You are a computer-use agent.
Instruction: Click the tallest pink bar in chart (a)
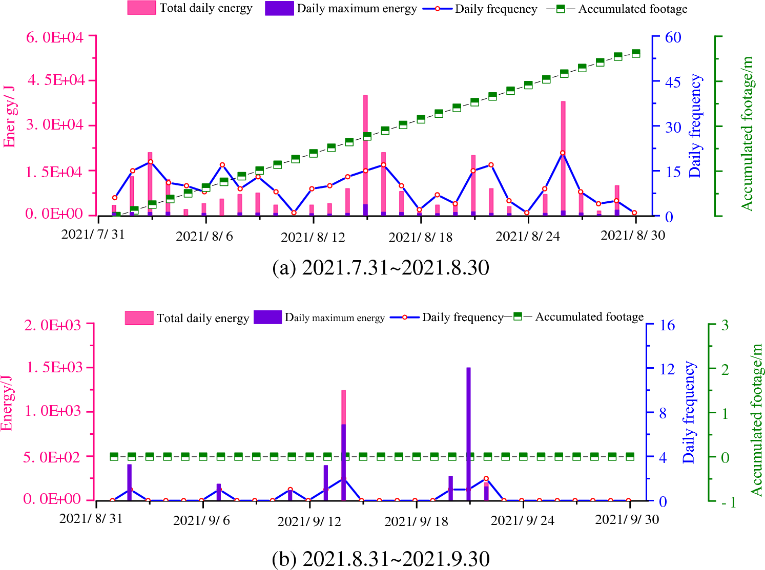coord(365,154)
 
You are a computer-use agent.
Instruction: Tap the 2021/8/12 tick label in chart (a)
coord(313,237)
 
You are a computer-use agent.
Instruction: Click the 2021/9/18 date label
coord(416,521)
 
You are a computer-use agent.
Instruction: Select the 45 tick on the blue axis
coord(673,82)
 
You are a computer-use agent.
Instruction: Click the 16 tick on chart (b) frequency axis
coord(667,325)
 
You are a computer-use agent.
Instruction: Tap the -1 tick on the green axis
coord(728,502)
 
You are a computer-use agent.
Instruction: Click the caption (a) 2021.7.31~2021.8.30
coord(381,268)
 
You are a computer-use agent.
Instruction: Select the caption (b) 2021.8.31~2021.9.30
coord(381,559)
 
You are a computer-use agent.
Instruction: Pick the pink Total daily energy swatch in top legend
coord(141,8)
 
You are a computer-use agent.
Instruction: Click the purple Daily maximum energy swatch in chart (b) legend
coord(267,318)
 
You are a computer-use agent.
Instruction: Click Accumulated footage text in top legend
coord(633,9)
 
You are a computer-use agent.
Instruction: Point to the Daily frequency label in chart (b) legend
coord(462,318)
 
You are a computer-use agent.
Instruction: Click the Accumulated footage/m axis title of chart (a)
coord(747,133)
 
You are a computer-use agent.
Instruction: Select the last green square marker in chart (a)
coord(636,53)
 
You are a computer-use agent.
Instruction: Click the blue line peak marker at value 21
coord(563,153)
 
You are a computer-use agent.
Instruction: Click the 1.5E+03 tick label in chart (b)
coord(53,367)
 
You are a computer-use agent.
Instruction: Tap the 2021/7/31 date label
coord(93,235)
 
